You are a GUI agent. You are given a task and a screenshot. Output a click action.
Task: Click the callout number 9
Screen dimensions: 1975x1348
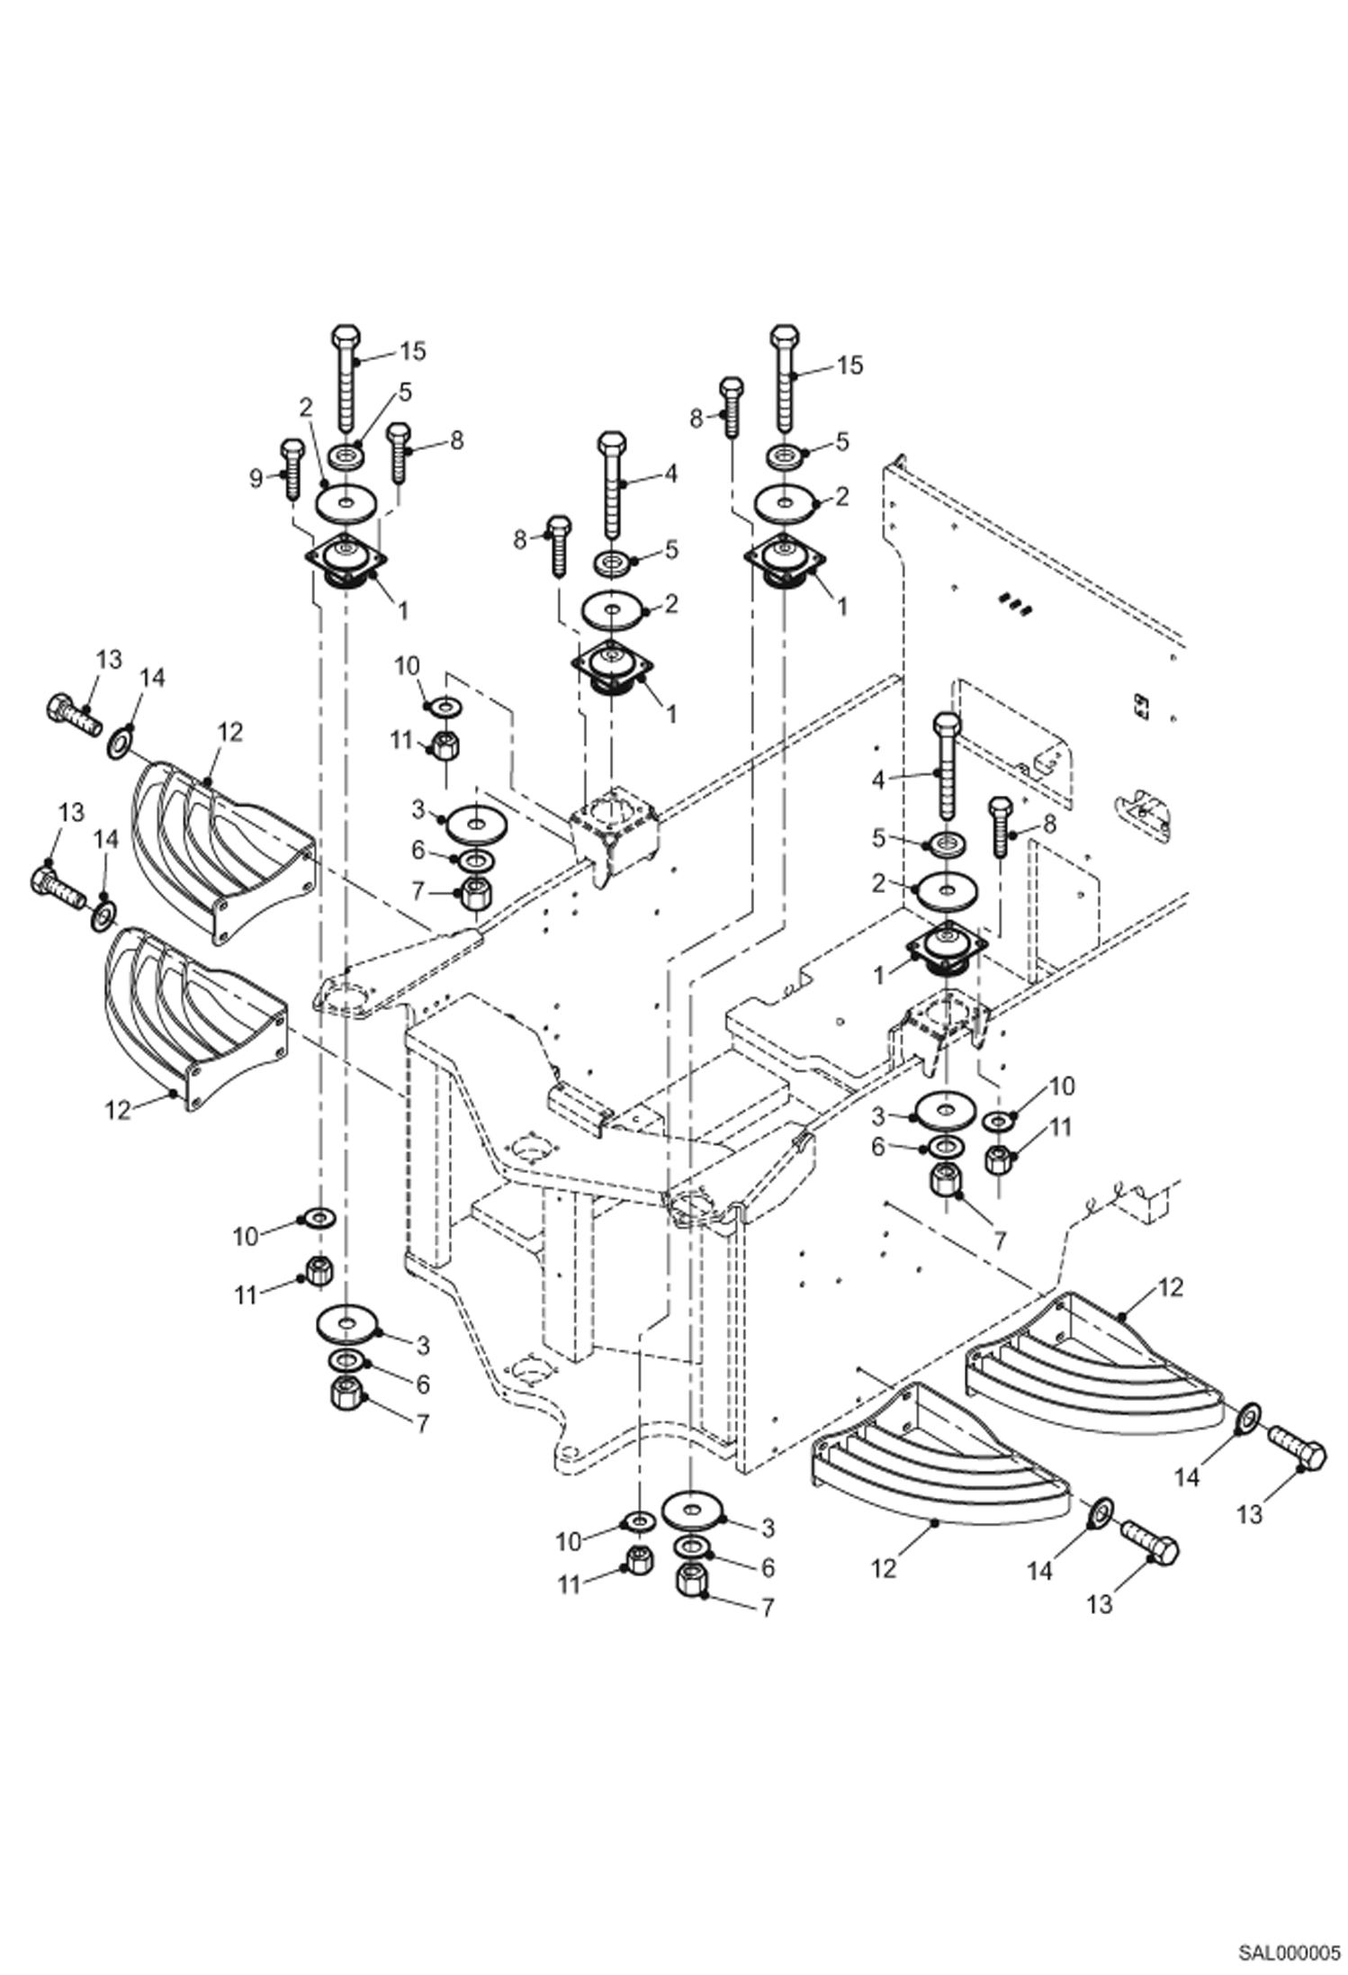(x=256, y=478)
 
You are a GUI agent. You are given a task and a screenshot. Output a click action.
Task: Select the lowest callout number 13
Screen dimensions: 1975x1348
(x=1100, y=1603)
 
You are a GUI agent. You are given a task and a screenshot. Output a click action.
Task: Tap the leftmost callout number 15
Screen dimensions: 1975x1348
(x=412, y=351)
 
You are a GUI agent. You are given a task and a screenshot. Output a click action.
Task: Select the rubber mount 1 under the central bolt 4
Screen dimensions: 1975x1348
(x=612, y=670)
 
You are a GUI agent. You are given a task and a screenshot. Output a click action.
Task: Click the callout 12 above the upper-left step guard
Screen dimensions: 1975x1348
(x=230, y=732)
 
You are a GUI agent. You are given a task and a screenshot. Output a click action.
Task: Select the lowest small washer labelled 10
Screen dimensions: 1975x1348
(x=639, y=1520)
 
